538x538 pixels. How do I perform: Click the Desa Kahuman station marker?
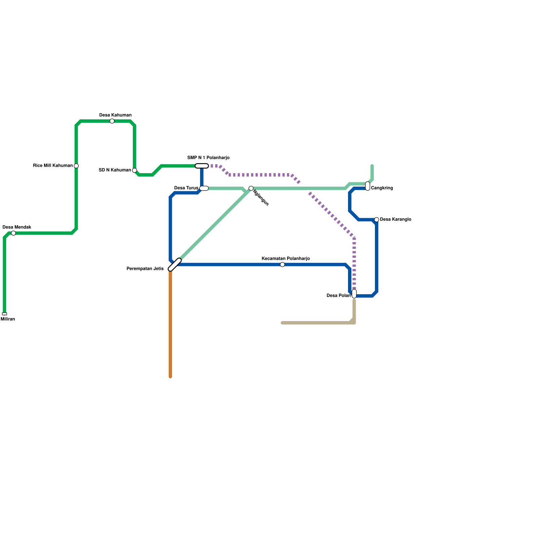click(112, 121)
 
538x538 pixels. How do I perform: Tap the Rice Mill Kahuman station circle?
click(76, 166)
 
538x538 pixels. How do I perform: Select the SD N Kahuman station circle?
click(134, 170)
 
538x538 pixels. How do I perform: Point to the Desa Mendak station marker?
click(13, 233)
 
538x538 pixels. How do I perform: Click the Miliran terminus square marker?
click(4, 314)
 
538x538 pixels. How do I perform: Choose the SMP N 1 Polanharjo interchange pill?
click(202, 166)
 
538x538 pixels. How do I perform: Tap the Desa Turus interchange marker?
click(204, 188)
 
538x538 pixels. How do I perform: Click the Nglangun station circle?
click(251, 188)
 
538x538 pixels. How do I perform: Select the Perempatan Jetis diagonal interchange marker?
click(175, 265)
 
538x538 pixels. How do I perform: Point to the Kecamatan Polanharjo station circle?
click(282, 265)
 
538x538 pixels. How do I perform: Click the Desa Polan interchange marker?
click(354, 294)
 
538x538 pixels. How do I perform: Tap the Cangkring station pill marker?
click(368, 186)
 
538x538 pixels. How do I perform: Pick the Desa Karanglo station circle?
click(377, 220)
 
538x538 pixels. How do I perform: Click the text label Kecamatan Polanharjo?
click(285, 259)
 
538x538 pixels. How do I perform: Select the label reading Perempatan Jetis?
click(145, 269)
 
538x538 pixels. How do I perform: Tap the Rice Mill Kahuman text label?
click(53, 165)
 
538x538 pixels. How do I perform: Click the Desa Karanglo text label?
click(395, 220)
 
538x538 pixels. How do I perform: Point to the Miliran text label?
click(8, 319)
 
